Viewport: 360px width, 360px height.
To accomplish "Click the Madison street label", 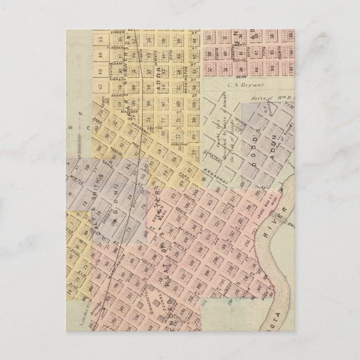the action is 130,102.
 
